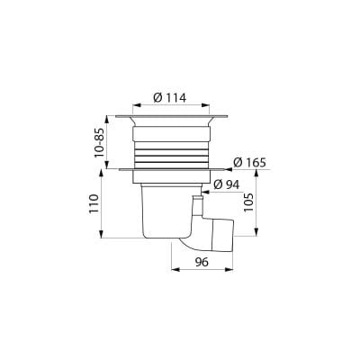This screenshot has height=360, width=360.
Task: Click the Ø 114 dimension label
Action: [170, 98]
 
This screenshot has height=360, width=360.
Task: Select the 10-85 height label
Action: [99, 143]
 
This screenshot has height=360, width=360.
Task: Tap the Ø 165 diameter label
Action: [249, 163]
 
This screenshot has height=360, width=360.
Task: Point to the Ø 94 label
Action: [227, 184]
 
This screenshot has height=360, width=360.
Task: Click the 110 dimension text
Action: [94, 204]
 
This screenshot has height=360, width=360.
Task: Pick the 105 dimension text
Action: [248, 202]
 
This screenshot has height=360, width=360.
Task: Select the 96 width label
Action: [202, 262]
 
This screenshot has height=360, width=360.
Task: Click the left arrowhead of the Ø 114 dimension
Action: [137, 105]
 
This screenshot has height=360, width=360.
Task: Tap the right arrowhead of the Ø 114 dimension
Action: [205, 105]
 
